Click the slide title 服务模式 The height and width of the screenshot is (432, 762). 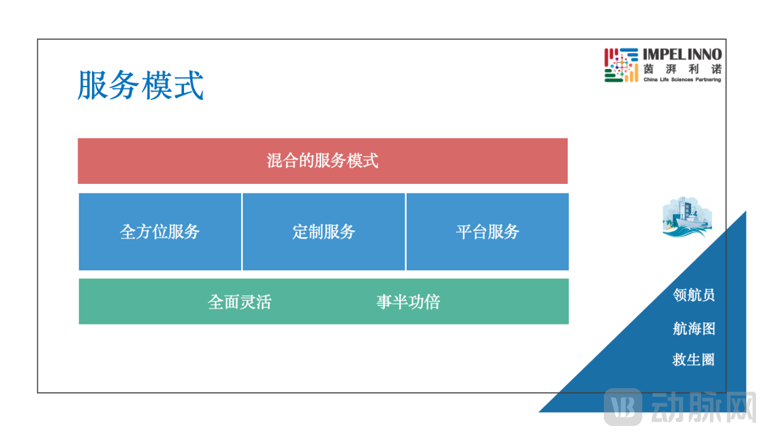(x=141, y=85)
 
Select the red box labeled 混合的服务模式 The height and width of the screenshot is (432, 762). (x=322, y=161)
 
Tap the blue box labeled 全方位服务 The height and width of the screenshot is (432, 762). (x=160, y=232)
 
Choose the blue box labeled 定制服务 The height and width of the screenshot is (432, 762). (x=324, y=232)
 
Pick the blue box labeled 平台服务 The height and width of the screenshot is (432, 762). (x=487, y=232)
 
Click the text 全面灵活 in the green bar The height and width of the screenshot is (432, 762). (x=239, y=302)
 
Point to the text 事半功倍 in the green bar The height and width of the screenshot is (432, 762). (x=408, y=302)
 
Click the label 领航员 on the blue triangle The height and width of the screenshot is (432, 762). (x=693, y=295)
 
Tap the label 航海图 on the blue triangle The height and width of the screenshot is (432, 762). (x=693, y=329)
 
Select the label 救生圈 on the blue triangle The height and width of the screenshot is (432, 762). (x=693, y=360)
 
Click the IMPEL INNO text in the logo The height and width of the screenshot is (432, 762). (x=682, y=55)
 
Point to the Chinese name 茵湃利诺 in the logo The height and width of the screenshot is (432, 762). (x=682, y=68)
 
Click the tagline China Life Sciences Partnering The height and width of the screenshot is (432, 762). (x=682, y=79)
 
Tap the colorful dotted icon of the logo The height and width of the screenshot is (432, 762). (x=621, y=65)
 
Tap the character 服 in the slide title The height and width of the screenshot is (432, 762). (x=93, y=85)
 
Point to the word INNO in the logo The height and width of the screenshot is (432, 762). (x=704, y=55)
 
